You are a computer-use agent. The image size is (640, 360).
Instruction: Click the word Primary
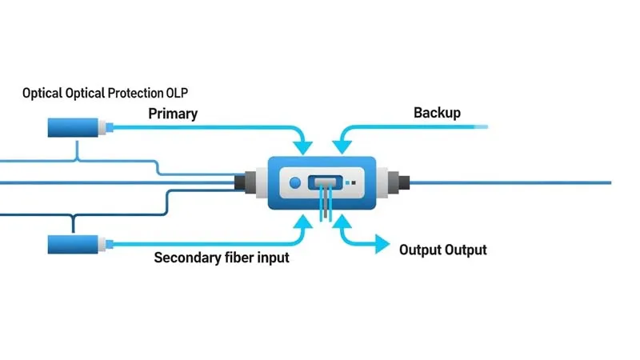[x=173, y=114]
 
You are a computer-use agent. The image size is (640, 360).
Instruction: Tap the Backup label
[x=437, y=113]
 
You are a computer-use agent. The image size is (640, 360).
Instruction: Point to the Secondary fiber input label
[x=222, y=258]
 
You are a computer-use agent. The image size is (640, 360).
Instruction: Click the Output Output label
[x=442, y=250]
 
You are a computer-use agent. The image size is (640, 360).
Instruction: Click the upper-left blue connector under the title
[x=76, y=126]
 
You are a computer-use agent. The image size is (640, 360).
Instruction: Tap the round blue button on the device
[x=294, y=182]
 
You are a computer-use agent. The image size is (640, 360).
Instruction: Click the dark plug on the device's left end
[x=242, y=182]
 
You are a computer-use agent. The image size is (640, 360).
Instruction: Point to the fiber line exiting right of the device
[x=512, y=182]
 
